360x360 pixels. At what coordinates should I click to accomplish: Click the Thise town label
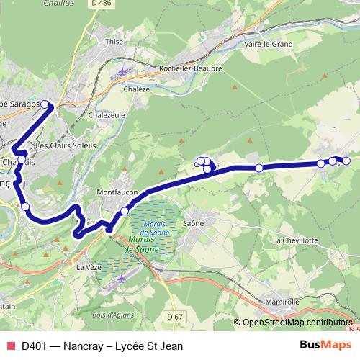click(x=115, y=42)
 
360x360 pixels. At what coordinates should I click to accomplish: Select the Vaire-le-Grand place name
click(x=269, y=44)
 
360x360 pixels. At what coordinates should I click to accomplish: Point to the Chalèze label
click(x=137, y=89)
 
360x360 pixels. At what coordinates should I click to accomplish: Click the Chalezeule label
click(x=107, y=114)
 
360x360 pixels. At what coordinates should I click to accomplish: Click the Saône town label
click(x=194, y=223)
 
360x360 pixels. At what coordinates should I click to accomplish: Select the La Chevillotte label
click(x=295, y=240)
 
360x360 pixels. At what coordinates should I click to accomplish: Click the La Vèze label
click(x=88, y=266)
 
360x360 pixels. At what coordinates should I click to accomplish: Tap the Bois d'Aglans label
click(x=112, y=314)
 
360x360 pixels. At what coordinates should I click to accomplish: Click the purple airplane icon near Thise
click(x=125, y=71)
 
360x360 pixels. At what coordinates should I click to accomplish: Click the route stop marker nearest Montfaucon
click(x=125, y=211)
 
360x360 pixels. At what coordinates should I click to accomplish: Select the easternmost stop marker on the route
click(x=346, y=160)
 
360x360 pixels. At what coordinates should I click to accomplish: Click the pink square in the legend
click(x=10, y=346)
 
